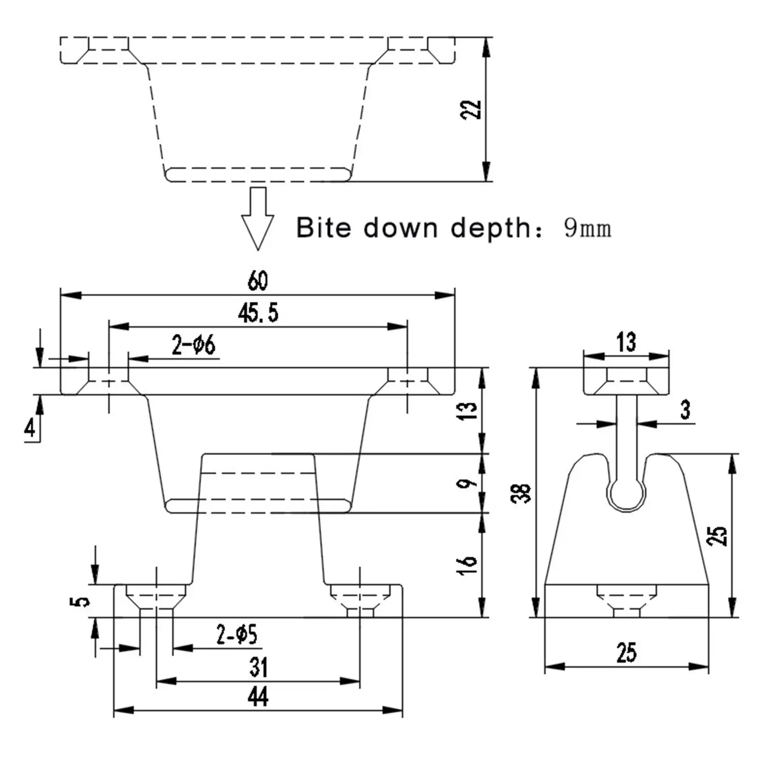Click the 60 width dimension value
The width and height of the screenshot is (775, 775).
click(258, 280)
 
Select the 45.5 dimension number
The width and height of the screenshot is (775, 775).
click(258, 313)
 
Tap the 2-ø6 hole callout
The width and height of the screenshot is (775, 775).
click(193, 345)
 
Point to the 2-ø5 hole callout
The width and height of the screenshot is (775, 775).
click(237, 634)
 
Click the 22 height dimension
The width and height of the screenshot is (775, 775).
click(471, 109)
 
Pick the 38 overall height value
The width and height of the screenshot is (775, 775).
click(522, 493)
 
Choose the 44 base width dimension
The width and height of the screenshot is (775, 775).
click(258, 697)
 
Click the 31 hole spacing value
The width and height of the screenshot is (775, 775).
click(259, 667)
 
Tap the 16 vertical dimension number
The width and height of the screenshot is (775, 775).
click(467, 565)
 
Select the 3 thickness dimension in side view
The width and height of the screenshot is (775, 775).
click(685, 410)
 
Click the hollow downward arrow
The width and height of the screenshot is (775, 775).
click(258, 218)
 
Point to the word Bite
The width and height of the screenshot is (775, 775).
click(324, 227)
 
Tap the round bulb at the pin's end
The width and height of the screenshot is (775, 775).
click(627, 496)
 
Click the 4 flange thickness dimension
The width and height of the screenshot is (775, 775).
click(30, 428)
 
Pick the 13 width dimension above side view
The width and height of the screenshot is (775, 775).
click(626, 342)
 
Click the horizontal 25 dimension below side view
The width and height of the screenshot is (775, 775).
click(626, 652)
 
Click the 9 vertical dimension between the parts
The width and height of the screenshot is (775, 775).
click(466, 483)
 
